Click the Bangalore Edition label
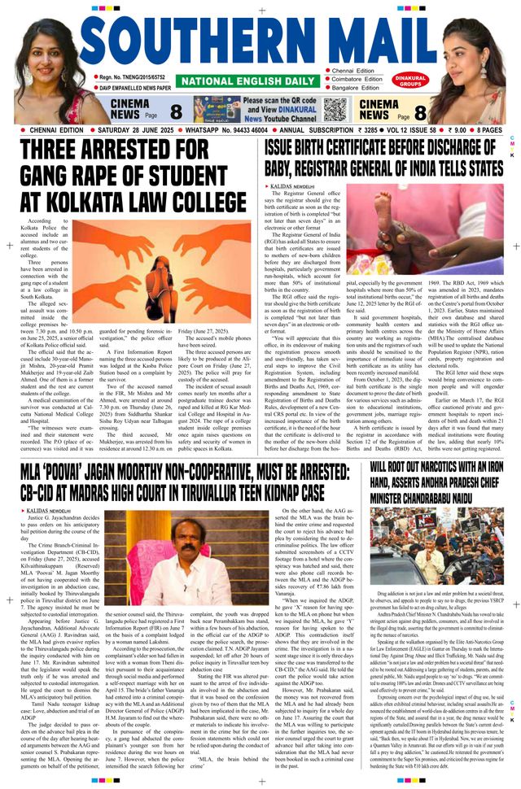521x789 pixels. (x=356, y=89)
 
